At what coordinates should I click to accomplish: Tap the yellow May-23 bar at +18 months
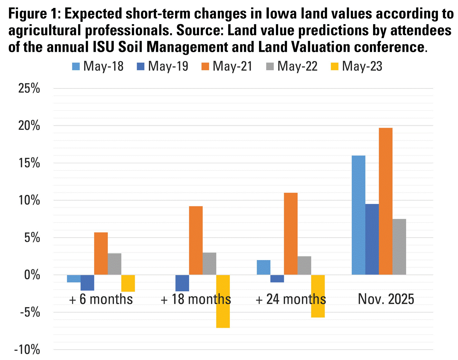(223, 301)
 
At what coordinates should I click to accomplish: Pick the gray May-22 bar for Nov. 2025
(399, 247)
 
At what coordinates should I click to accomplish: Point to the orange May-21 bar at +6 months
(101, 253)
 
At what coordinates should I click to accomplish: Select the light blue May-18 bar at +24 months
(264, 267)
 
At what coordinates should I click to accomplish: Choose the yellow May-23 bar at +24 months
(318, 296)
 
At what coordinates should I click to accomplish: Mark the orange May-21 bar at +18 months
(196, 240)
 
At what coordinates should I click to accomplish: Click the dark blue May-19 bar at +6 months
(87, 282)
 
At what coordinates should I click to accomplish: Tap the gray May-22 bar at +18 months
(209, 264)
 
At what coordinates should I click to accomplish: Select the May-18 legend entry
(98, 66)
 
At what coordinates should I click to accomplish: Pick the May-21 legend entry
(227, 66)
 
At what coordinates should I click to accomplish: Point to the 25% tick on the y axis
(29, 89)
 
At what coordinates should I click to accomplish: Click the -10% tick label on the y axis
(27, 350)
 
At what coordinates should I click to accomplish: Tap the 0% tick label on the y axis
(32, 275)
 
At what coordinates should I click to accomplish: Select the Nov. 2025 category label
(386, 299)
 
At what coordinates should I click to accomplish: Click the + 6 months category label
(101, 299)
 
